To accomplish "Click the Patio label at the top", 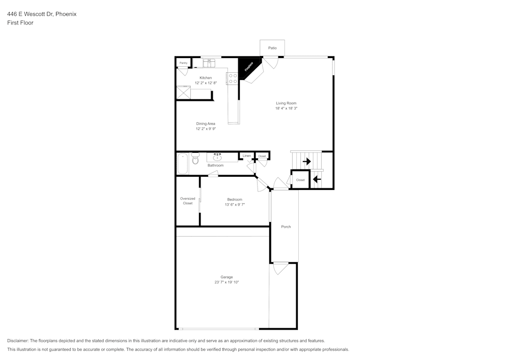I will pos(272,48).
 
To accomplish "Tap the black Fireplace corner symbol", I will pos(248,68).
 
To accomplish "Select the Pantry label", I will pos(183,63).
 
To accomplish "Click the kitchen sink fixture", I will pos(209,63).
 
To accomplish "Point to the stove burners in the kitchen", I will pos(232,78).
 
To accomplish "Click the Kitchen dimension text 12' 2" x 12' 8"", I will pos(206,83).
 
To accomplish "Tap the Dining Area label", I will pos(206,123).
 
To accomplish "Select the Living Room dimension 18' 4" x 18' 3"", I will pos(286,108).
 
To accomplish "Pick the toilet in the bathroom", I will pos(195,160).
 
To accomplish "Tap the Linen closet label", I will pos(246,155).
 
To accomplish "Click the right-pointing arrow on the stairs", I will pos(306,161).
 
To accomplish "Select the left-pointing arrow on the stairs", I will pos(317,179).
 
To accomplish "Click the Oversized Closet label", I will pos(187,201).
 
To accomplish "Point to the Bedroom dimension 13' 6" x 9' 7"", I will pos(235,204).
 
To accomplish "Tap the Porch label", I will pos(286,227).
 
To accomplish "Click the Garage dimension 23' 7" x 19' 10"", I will pos(227,282).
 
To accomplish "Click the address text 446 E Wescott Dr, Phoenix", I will pos(42,14).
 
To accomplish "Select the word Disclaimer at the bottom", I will pos(18,341).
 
